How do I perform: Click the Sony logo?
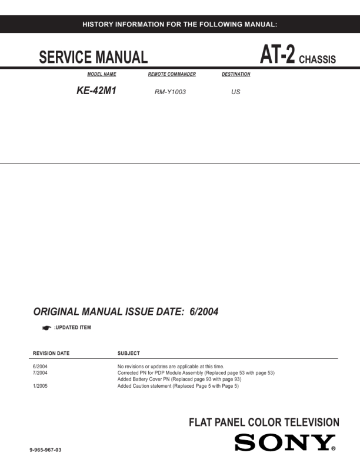(x=285, y=442)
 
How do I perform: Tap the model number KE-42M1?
(x=93, y=91)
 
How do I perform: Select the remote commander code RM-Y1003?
(x=169, y=92)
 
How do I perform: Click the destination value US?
(x=236, y=92)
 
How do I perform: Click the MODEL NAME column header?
(x=101, y=75)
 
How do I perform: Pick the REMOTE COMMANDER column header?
(x=172, y=75)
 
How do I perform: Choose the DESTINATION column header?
(x=236, y=75)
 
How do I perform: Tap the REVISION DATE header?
(x=51, y=354)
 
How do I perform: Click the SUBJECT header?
(x=129, y=354)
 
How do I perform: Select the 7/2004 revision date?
(x=40, y=373)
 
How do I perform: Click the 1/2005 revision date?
(x=40, y=386)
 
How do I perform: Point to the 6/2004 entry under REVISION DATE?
(x=40, y=367)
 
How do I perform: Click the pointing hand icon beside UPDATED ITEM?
(x=46, y=327)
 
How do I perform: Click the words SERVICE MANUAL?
(x=93, y=58)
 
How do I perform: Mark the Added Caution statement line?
(x=178, y=386)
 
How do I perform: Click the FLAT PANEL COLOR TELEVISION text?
(x=264, y=422)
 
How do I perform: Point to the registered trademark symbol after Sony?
(x=334, y=448)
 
